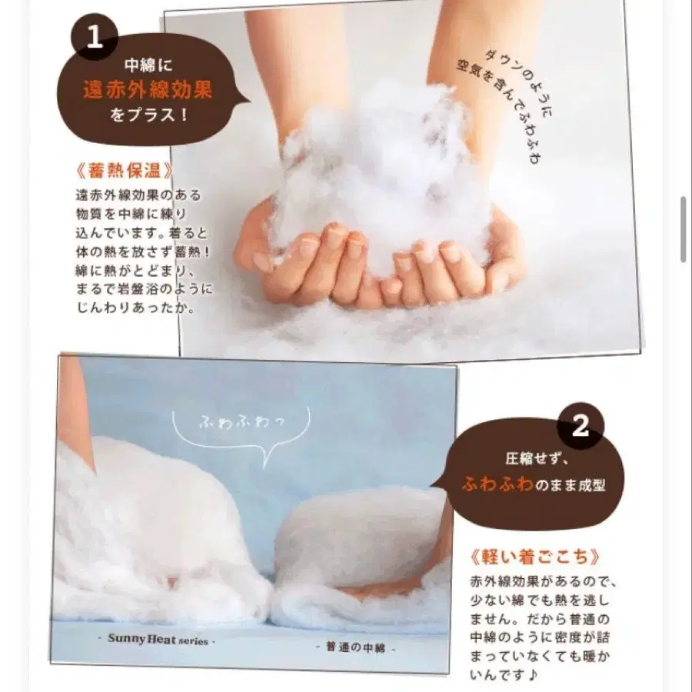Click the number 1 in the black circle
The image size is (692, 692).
[x=95, y=36]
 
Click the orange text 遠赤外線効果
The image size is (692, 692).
[x=148, y=91]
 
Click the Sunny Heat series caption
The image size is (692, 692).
[x=158, y=640]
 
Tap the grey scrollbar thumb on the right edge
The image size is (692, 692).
[x=683, y=229]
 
